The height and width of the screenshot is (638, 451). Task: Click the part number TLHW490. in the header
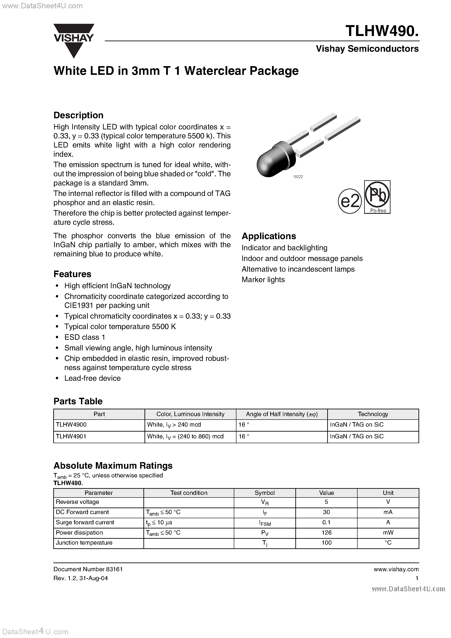382,31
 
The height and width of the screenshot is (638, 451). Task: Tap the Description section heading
78,115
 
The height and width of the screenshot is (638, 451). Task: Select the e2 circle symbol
349,201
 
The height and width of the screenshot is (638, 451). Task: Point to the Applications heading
269,236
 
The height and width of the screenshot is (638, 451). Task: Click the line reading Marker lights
263,280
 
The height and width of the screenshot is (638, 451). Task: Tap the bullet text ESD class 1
84,337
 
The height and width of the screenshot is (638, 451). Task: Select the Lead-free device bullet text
92,378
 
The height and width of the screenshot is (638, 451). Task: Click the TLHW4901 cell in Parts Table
71,436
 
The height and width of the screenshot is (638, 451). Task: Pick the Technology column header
373,414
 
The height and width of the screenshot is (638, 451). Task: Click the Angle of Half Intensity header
281,414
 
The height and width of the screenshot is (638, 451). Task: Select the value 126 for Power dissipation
326,532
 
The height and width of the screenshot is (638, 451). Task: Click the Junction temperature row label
84,543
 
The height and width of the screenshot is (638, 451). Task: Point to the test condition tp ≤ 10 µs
159,522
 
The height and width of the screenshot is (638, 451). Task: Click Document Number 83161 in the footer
88,569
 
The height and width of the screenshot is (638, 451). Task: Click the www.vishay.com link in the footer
396,569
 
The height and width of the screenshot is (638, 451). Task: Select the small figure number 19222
298,177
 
